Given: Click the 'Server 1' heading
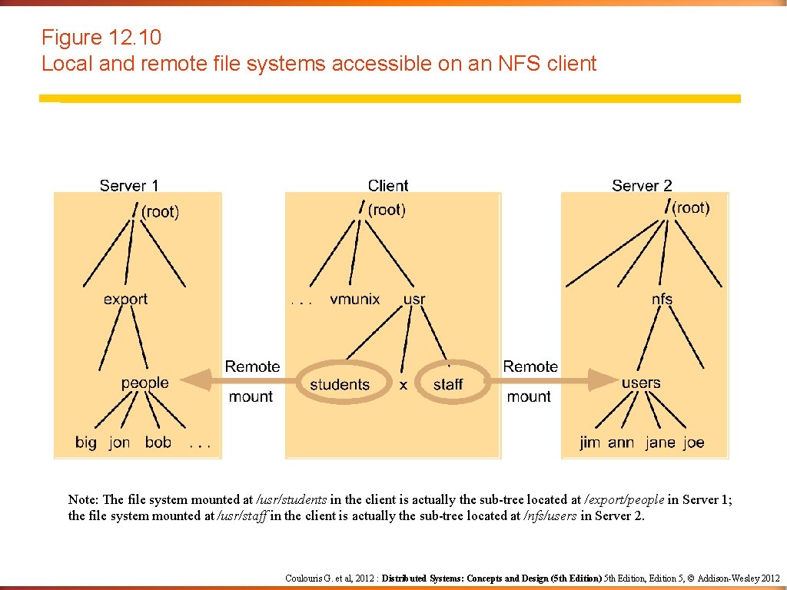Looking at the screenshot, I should click(129, 186).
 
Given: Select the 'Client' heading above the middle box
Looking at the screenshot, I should click(388, 186).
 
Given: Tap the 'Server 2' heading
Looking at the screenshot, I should click(642, 186).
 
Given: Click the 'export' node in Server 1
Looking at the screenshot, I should click(125, 299).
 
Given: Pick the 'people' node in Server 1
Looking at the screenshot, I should click(144, 383).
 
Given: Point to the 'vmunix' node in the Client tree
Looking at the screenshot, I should click(354, 299).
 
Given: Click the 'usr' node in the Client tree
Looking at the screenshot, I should click(413, 299).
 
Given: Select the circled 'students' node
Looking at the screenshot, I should click(339, 384).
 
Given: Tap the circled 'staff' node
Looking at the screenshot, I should click(448, 384).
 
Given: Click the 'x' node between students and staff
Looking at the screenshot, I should click(403, 385).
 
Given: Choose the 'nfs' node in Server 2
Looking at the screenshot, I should click(662, 299).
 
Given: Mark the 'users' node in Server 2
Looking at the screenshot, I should click(641, 383).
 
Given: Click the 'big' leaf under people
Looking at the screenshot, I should click(86, 443).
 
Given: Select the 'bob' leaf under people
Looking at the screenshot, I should click(158, 442).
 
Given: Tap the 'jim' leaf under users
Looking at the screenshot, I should click(590, 443).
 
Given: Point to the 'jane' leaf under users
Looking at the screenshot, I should click(660, 443).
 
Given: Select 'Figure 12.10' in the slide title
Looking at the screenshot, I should click(101, 38).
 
